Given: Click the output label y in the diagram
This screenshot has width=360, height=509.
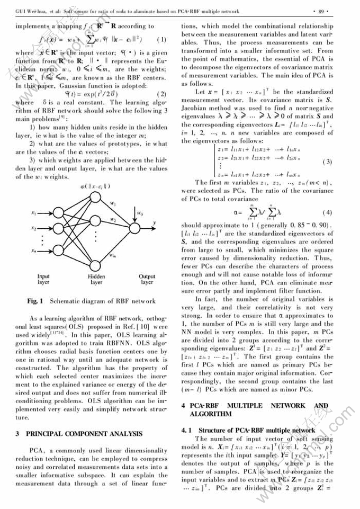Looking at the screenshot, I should pyautogui.click(x=155, y=222).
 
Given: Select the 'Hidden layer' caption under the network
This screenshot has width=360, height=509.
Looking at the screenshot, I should pyautogui.click(x=96, y=279).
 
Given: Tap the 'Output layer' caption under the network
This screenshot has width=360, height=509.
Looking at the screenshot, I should pyautogui.click(x=147, y=279).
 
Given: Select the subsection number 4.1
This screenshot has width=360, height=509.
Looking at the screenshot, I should pyautogui.click(x=187, y=431).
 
